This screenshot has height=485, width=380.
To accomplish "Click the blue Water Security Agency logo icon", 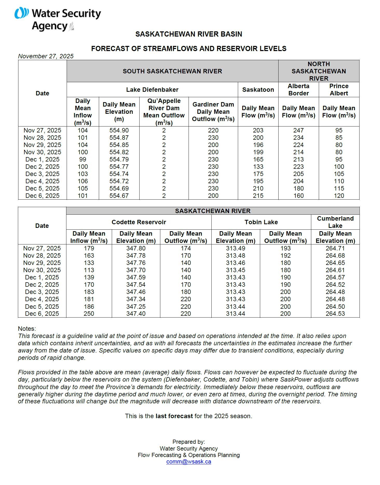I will tap(22, 13).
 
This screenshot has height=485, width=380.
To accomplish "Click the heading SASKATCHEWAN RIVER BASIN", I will tap(189, 34).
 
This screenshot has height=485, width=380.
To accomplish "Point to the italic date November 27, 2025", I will tap(46, 56).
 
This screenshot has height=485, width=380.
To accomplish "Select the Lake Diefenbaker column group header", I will tap(152, 90).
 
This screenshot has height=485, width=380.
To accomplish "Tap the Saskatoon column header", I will tap(258, 90).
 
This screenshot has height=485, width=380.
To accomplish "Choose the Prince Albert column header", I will tap(339, 90).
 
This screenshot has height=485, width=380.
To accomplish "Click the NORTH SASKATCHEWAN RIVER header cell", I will tap(319, 71).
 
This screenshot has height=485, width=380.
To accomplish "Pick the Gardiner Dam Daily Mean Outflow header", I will tap(213, 112).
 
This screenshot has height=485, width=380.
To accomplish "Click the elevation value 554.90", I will tap(119, 130).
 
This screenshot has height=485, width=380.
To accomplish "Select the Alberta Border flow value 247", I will tap(298, 130).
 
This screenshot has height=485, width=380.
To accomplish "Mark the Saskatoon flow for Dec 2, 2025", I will tap(258, 167).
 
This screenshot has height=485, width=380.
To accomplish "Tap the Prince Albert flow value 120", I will tap(339, 196).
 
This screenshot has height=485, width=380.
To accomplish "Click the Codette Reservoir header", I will tap(139, 222).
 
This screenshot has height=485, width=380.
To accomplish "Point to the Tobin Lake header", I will tap(261, 222).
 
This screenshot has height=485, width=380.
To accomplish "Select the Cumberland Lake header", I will tap(335, 222).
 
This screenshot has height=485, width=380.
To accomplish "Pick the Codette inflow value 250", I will tap(89, 314).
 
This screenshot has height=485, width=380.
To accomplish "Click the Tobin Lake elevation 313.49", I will tap(235, 248).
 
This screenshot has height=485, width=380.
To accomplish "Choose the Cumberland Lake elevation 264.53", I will tap(335, 314).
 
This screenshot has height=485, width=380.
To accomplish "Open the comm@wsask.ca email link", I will tap(189, 462).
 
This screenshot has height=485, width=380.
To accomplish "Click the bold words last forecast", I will tap(174, 416).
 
